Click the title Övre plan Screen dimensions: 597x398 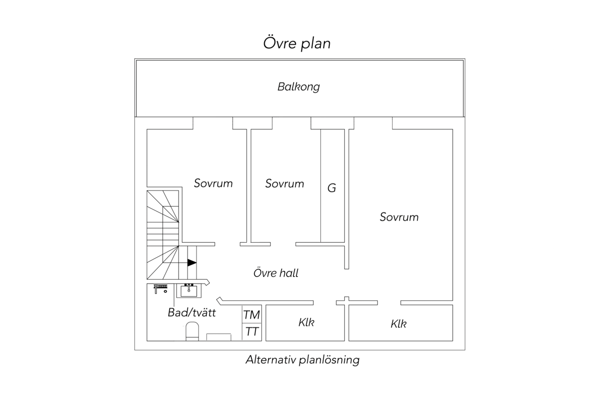(x=297, y=43)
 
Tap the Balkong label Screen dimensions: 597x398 (x=298, y=87)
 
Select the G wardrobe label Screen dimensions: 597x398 (x=332, y=188)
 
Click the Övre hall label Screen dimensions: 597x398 (x=276, y=273)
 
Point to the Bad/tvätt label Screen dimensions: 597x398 (x=192, y=312)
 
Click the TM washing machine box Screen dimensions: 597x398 (x=252, y=314)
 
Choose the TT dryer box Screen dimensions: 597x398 (x=252, y=332)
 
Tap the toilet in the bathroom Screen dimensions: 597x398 (x=192, y=331)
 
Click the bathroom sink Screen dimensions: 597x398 (x=189, y=291)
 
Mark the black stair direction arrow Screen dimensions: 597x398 (x=192, y=263)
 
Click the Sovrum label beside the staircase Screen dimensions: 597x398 (x=213, y=183)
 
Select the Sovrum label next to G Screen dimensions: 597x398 (x=285, y=184)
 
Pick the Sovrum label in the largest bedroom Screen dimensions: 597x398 (x=399, y=217)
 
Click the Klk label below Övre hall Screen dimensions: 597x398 (x=306, y=322)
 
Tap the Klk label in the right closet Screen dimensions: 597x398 (x=398, y=324)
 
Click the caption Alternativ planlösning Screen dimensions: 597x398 (x=302, y=360)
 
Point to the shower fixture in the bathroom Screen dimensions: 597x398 (x=160, y=289)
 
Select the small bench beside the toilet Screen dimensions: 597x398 (x=219, y=337)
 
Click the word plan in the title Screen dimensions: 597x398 (x=316, y=44)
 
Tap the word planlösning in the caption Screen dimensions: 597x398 (x=329, y=360)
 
